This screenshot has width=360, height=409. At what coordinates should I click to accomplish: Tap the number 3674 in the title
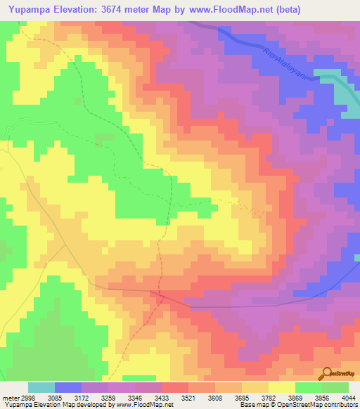pos(129,11)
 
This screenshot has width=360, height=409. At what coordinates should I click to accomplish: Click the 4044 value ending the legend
pos(348,397)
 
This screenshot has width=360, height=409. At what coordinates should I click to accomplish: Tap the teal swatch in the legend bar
pos(41,387)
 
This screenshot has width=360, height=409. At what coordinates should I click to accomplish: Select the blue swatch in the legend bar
pos(68,387)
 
